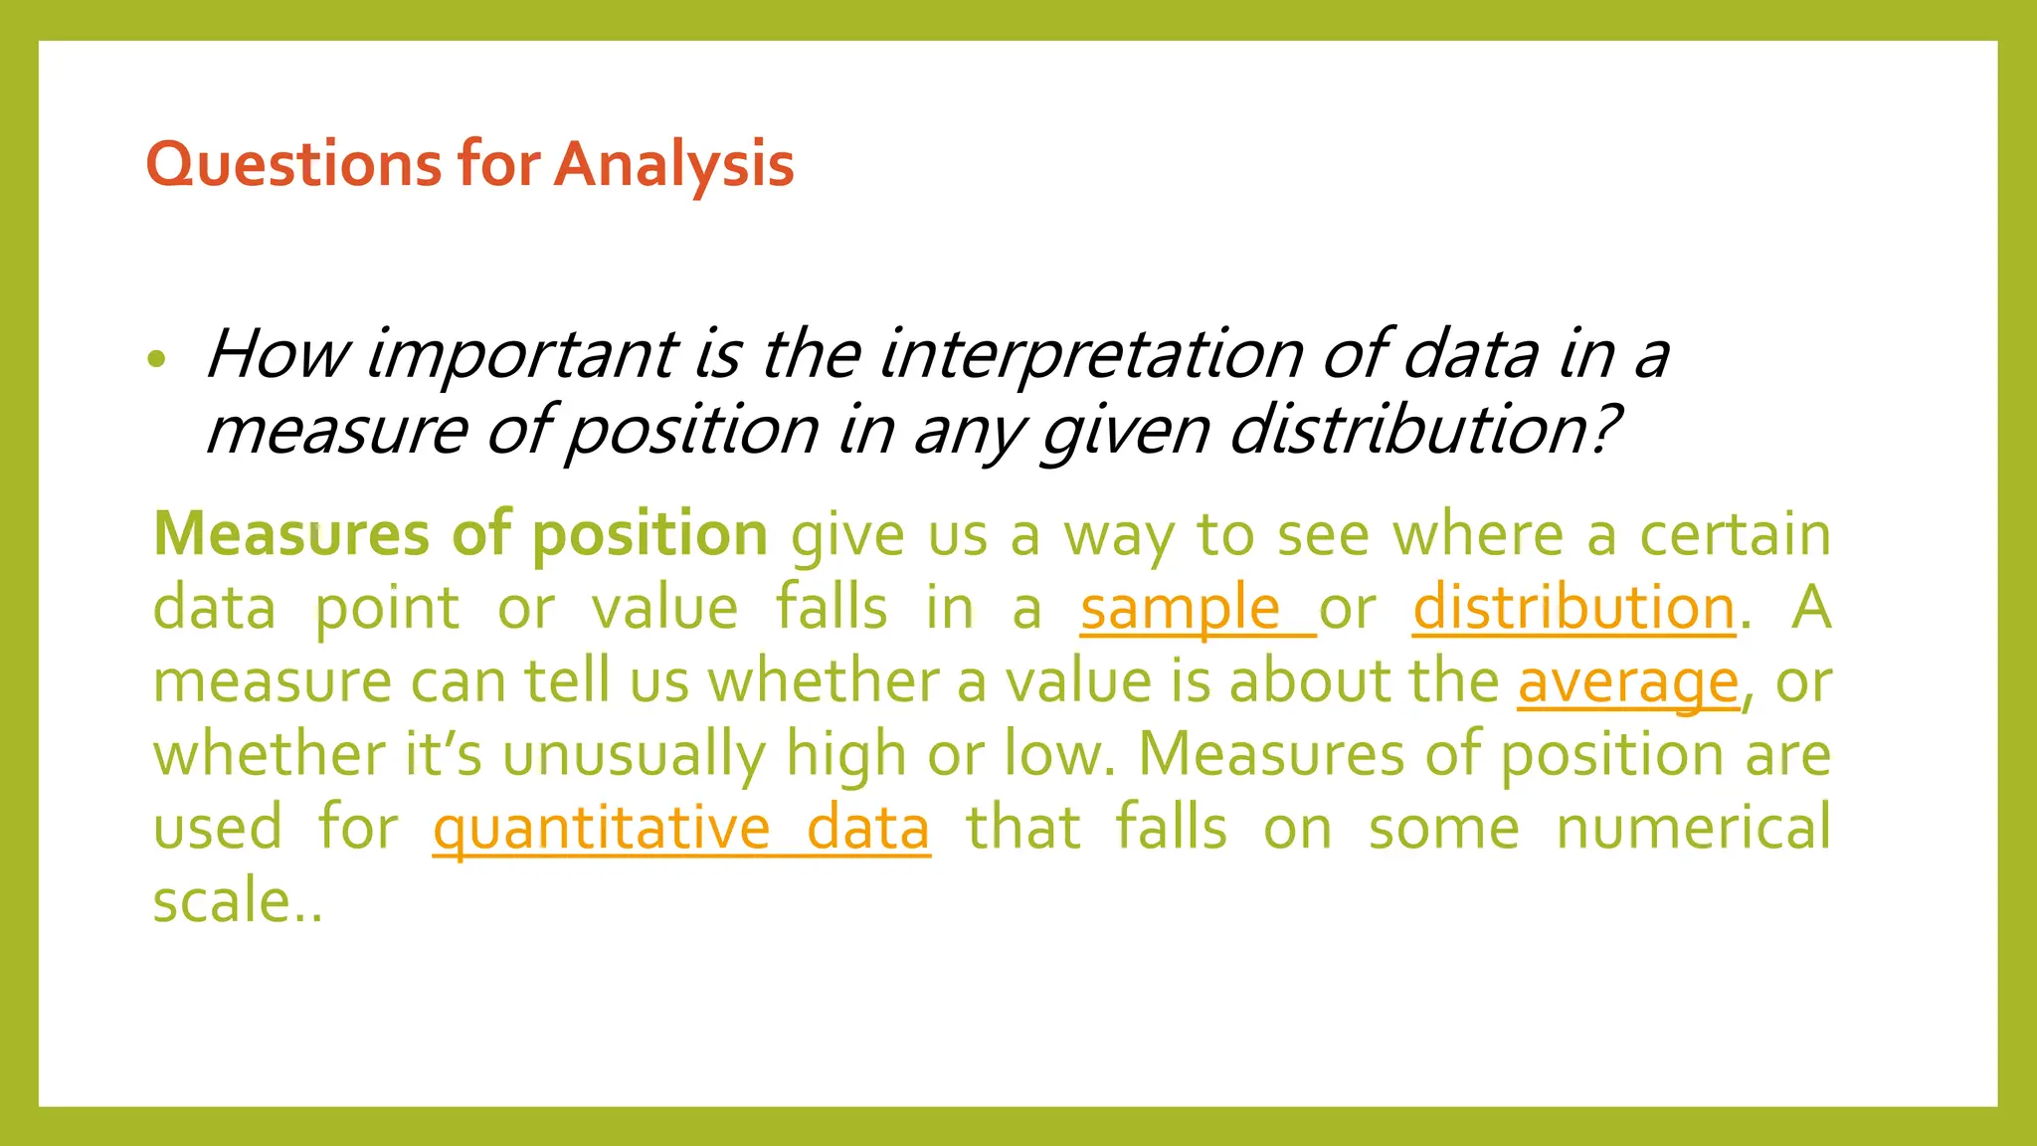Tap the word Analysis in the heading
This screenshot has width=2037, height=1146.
674,164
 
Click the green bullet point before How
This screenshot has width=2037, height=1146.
156,359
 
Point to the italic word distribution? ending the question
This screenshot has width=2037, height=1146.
1424,431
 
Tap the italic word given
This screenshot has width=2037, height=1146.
1124,431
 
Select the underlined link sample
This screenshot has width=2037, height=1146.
1181,608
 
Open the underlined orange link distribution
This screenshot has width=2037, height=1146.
1574,608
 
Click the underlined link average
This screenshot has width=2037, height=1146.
1628,682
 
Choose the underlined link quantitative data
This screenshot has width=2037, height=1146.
681,829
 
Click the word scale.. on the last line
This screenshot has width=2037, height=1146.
237,901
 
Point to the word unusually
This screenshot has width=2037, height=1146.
634,755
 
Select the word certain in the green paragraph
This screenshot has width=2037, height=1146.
1735,534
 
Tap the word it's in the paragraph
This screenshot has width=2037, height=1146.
443,755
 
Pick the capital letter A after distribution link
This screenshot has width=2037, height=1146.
1811,608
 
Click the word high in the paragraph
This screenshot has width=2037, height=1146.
845,755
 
